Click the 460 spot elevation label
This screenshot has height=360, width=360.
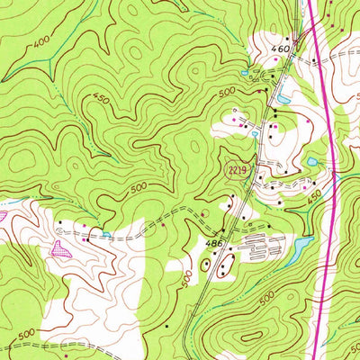pyautogui.click(x=281, y=48)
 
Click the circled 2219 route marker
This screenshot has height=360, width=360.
pyautogui.click(x=235, y=170)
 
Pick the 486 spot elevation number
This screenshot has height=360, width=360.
pyautogui.click(x=213, y=244)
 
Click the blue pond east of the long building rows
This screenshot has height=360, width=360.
pyautogui.click(x=302, y=245)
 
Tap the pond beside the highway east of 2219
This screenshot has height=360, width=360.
pyautogui.click(x=312, y=162)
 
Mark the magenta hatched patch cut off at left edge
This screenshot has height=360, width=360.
pyautogui.click(x=3, y=216)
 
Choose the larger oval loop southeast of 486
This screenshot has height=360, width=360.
pyautogui.click(x=225, y=264)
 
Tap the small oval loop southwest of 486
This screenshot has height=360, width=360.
pyautogui.click(x=205, y=265)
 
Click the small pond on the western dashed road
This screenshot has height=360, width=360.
pyautogui.click(x=107, y=235)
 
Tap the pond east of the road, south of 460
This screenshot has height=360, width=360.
pyautogui.click(x=284, y=97)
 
